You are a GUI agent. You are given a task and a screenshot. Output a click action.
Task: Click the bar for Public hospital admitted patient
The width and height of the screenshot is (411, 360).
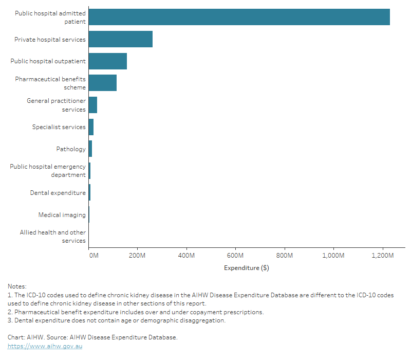[239, 17]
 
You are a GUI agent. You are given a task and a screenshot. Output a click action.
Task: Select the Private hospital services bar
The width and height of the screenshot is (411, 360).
[120, 39]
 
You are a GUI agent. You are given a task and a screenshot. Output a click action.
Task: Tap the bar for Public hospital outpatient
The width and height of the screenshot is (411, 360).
[107, 61]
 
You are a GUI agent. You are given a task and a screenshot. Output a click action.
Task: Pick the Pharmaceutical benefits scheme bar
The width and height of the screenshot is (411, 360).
[102, 83]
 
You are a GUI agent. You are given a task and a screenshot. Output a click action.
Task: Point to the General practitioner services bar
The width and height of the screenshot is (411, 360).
[93, 105]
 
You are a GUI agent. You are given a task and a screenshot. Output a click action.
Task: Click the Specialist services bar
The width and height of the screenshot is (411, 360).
[91, 127]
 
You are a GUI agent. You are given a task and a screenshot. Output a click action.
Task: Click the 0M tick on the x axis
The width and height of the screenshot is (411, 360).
[94, 255]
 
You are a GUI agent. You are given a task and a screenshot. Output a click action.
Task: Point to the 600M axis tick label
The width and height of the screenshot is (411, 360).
[235, 255]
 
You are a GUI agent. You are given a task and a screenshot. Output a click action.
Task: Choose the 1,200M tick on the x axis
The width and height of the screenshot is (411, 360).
[382, 255]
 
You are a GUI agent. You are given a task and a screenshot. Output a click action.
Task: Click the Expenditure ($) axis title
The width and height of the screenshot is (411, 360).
[247, 268]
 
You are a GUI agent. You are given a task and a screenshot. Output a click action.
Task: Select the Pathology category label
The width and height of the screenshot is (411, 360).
[71, 149]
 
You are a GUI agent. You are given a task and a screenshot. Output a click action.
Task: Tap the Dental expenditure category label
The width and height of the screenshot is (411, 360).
[58, 193]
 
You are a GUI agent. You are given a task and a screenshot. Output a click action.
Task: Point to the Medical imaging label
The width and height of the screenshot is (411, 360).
[62, 215]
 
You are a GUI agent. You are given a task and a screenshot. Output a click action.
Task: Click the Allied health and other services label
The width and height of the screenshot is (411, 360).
[53, 237]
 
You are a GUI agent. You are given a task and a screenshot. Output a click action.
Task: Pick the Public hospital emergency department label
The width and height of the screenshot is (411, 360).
[48, 171]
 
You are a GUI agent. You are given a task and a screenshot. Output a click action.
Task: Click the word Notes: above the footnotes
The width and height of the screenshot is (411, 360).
[17, 286]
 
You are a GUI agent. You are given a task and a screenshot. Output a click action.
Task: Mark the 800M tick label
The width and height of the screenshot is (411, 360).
[284, 255]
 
